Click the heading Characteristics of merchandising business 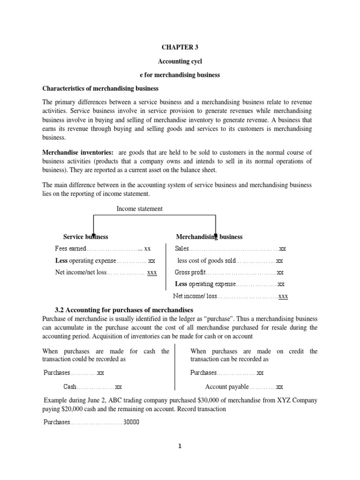click(x=101, y=88)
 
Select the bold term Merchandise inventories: click(x=78, y=153)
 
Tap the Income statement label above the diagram click(x=140, y=209)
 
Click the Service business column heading click(x=86, y=237)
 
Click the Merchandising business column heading click(x=209, y=237)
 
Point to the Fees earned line click(x=103, y=248)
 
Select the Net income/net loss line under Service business click(x=106, y=272)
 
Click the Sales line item click(x=230, y=248)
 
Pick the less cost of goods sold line click(x=230, y=261)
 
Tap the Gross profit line click(x=229, y=272)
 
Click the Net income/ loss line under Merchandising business click(x=231, y=296)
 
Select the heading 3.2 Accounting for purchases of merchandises click(x=124, y=310)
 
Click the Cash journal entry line click(x=93, y=387)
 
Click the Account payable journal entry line click(x=244, y=387)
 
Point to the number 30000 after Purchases click(x=131, y=421)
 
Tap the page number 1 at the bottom click(x=179, y=446)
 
